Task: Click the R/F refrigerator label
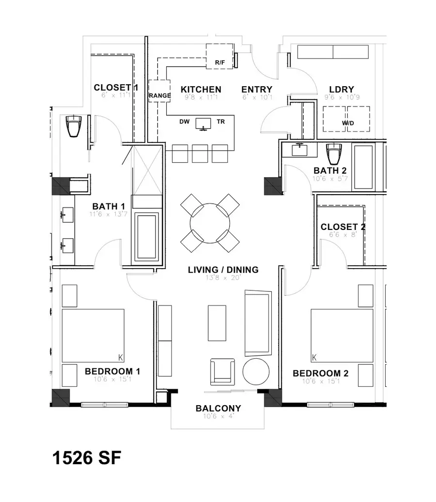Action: click(220, 63)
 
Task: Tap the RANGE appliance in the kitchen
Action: click(159, 95)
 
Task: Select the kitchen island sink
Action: click(203, 123)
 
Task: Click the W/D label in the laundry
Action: click(347, 123)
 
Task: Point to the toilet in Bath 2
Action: click(334, 154)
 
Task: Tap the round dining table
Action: click(210, 223)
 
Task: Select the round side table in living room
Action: click(256, 371)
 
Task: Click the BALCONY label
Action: click(218, 408)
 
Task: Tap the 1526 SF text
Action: click(86, 458)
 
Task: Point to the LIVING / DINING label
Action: click(223, 270)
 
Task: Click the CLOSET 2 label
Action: click(343, 227)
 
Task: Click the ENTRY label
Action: click(257, 90)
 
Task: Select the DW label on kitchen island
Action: click(184, 122)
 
